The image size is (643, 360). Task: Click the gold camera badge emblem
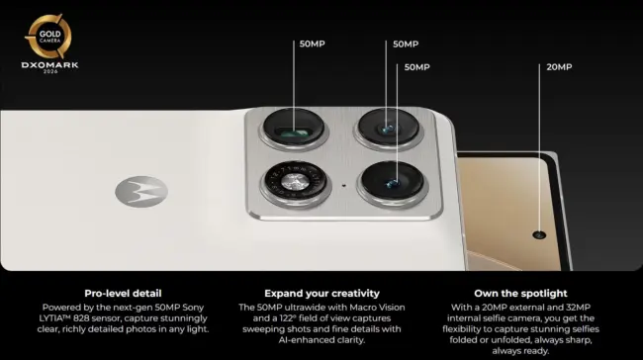point(49,37)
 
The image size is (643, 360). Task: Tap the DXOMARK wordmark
point(49,65)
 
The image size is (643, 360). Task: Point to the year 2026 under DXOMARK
point(50,72)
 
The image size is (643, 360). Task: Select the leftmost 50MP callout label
point(312,44)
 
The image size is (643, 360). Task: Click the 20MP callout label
point(559,67)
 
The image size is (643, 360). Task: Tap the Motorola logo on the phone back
point(141,192)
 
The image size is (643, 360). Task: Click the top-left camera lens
point(294,128)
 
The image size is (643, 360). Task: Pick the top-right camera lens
point(389,128)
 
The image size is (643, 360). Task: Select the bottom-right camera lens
point(393,181)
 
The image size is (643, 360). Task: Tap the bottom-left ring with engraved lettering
point(295,181)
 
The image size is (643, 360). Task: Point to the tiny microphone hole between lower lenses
point(343,186)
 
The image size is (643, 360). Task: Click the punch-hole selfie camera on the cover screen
point(539,235)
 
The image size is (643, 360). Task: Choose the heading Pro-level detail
point(123,293)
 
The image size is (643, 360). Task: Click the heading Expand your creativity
point(321,293)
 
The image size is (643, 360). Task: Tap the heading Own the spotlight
point(520,293)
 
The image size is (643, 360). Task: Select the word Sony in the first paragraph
point(193,308)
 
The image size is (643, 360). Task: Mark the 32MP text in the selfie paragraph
point(577,308)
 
